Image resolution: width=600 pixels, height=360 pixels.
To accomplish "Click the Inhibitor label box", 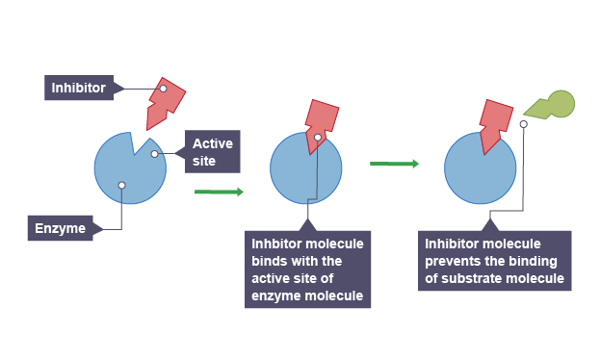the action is pos(79,88).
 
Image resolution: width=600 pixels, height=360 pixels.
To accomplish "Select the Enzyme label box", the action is pos(60,228).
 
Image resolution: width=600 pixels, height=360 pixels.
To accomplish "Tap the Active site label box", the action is pos(213,151).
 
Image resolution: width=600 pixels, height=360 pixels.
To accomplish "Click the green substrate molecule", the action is pos(550,105).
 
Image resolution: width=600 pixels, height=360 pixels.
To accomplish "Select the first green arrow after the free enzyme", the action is pos(219,192).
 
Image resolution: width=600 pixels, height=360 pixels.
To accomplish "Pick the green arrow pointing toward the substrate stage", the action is pos(394,164).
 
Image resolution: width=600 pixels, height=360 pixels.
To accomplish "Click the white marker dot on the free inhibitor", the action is pos(164,89).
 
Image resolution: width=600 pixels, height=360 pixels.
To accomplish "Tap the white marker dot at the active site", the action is pos(155,154).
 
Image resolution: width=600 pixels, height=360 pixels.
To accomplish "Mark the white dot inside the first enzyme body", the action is pos(121,185).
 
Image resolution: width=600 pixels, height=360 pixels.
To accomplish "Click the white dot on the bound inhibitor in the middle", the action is pos(318,138).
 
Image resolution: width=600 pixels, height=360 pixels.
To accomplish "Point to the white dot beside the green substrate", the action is pos(524,124).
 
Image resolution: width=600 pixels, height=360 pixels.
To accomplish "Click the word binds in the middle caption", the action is pos(265,261).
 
